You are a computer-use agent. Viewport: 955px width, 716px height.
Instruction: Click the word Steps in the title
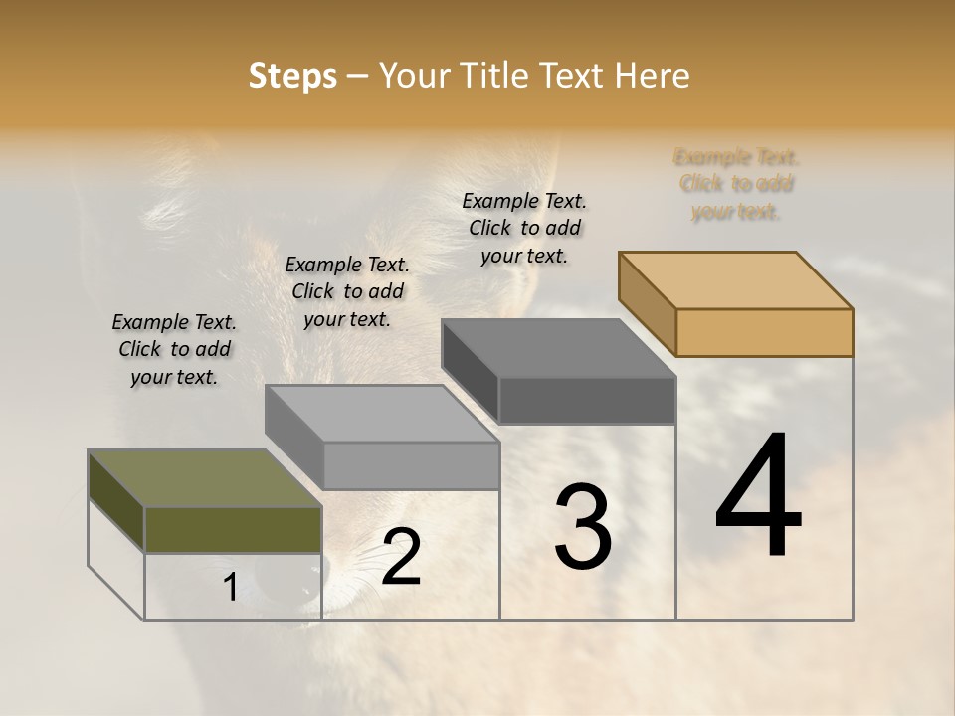[x=292, y=76]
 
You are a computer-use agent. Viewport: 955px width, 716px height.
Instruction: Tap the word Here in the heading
[x=653, y=76]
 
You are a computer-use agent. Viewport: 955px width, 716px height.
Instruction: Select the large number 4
[x=758, y=497]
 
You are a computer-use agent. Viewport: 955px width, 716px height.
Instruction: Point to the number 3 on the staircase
[x=583, y=527]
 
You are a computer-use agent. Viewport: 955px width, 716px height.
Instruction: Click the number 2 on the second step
[x=401, y=558]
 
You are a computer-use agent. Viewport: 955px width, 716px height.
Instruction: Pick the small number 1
[x=230, y=588]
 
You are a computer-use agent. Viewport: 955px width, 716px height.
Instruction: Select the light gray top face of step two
[x=382, y=413]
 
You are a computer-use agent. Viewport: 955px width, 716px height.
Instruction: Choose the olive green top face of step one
[x=205, y=478]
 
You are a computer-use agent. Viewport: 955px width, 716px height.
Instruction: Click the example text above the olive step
[x=174, y=350]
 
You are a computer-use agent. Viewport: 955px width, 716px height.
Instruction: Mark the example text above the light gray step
[x=347, y=292]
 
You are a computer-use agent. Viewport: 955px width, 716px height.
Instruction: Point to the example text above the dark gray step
[x=524, y=228]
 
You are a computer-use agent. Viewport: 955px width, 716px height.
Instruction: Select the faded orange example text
[x=736, y=184]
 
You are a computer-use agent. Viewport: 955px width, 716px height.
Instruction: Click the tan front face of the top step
[x=764, y=332]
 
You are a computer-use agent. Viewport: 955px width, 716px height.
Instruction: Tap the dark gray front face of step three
[x=587, y=400]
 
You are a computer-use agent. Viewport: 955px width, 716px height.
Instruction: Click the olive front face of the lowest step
[x=233, y=529]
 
